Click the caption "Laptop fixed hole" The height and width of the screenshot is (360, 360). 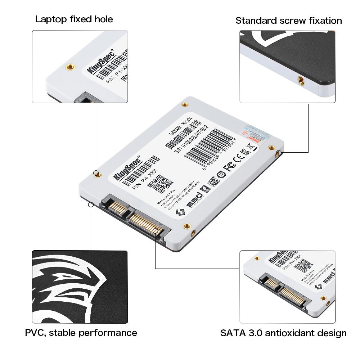74,19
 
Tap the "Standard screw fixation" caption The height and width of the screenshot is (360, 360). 289,21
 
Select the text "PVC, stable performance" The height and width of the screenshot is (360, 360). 81,332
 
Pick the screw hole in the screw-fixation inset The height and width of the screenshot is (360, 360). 301,80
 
